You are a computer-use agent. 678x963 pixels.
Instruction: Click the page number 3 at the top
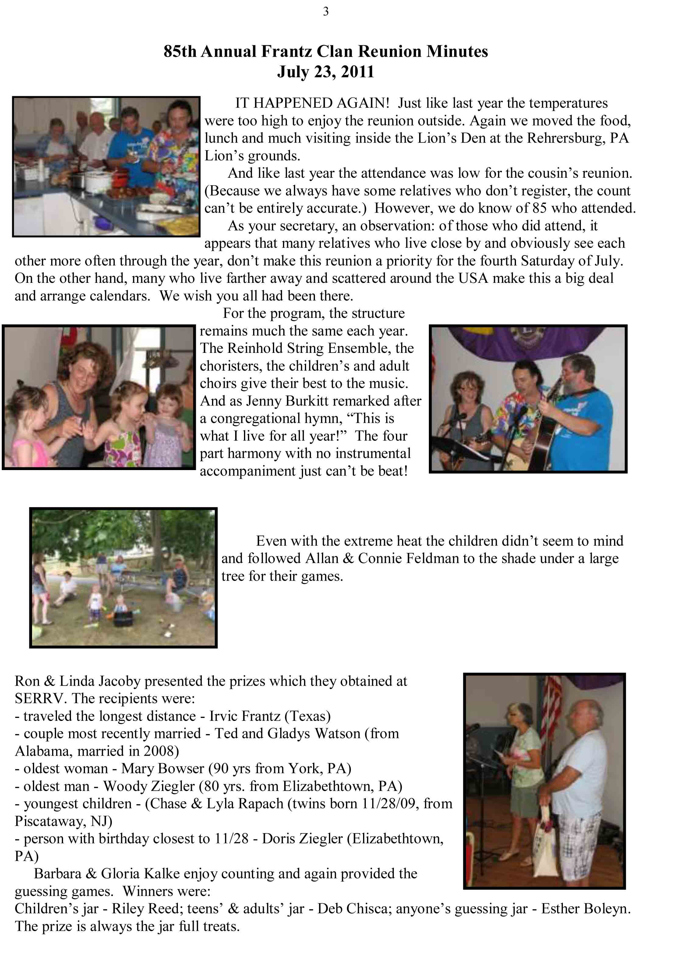[326, 12]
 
